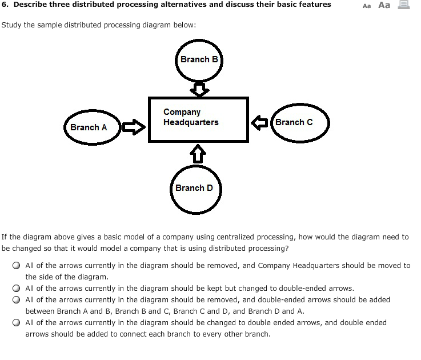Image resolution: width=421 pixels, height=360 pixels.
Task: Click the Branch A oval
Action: coord(92,127)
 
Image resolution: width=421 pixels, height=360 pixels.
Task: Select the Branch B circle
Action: coord(198,61)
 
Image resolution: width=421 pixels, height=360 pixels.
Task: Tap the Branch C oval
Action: coord(299,122)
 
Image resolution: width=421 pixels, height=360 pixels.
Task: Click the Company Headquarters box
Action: coord(198,119)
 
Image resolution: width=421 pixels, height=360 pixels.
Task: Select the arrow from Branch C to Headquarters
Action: coord(260,122)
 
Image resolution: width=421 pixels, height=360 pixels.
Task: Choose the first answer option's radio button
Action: coord(18,266)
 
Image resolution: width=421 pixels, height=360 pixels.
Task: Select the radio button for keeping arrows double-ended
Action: coord(18,289)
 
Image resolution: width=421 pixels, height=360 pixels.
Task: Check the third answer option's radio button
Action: coord(18,300)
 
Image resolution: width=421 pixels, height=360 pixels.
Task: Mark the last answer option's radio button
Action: coord(18,323)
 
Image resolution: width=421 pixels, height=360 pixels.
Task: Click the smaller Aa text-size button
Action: coord(367,6)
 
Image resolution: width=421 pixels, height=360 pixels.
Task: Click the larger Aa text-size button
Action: coord(384,5)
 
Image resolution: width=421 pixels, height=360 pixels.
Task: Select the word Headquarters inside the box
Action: coord(191,122)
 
